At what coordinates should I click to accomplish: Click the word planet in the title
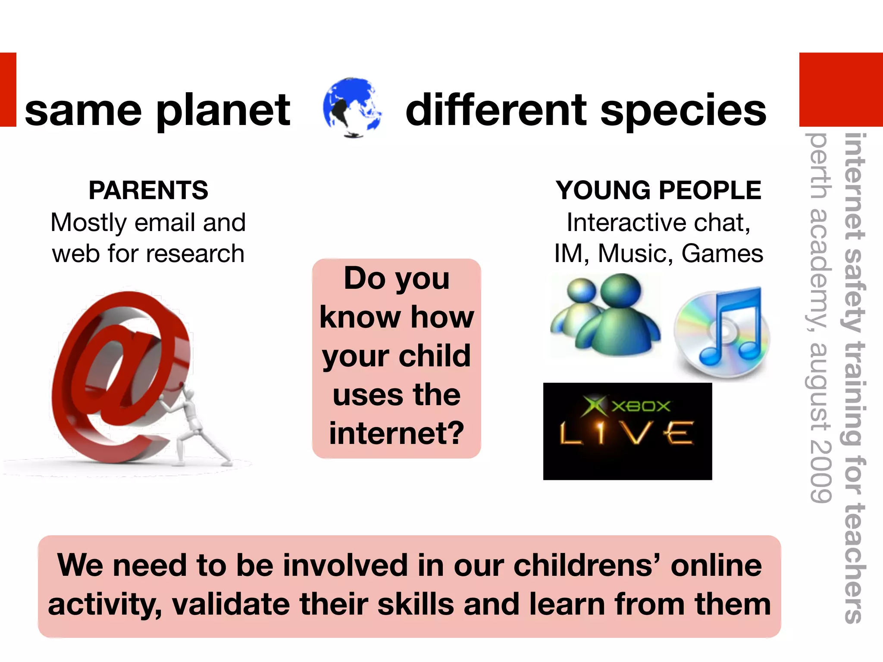(223, 111)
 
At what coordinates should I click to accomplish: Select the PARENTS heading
(148, 190)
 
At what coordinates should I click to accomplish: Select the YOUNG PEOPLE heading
(658, 190)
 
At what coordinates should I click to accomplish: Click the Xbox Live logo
(627, 431)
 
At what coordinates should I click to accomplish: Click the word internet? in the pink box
(396, 433)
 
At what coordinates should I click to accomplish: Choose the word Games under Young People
(722, 253)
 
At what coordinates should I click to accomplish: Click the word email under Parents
(165, 223)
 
